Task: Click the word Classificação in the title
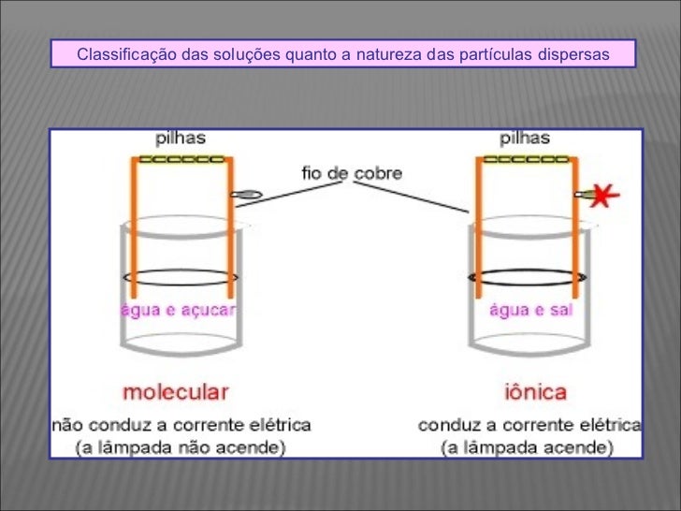pyautogui.click(x=117, y=54)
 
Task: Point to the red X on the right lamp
pyautogui.click(x=604, y=196)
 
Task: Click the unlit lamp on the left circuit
pyautogui.click(x=249, y=196)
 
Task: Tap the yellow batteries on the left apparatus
pyautogui.click(x=181, y=159)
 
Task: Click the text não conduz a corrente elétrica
pyautogui.click(x=181, y=424)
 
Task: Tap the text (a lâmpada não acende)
pyautogui.click(x=181, y=446)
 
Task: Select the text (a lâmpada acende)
pyautogui.click(x=527, y=446)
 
